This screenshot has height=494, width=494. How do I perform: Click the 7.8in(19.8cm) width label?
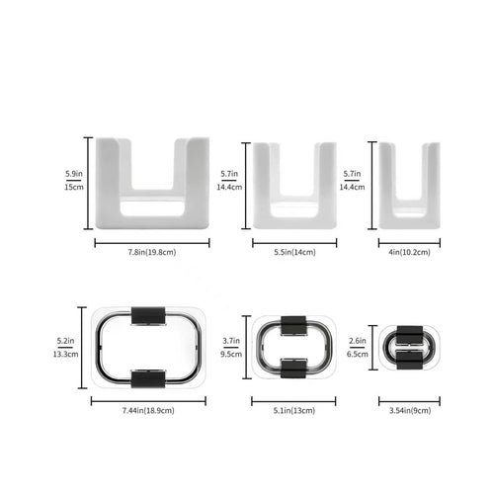point(152,252)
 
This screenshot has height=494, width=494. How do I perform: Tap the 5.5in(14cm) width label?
point(294,252)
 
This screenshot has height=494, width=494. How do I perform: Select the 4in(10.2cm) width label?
point(409,252)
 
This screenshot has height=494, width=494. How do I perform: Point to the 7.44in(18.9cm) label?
point(148,411)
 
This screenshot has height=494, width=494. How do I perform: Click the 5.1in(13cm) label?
point(294,411)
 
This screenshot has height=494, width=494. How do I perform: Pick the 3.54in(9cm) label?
point(410,411)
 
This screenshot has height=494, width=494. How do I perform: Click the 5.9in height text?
point(74,174)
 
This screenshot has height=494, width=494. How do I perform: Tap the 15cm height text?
point(74,187)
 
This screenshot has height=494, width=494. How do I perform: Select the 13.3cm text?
point(65,355)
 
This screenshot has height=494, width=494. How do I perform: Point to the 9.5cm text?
point(231,355)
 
